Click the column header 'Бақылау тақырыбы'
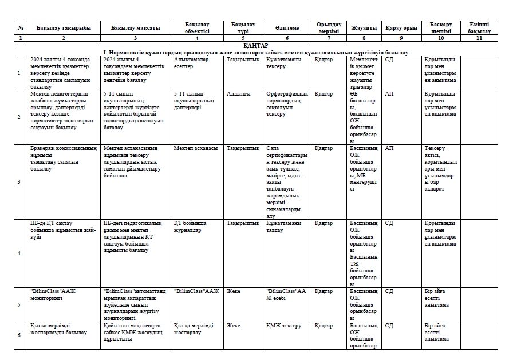pos(63,28)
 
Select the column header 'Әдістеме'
pos(287,28)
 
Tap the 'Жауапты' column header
pos(364,28)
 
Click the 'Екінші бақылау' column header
pos(479,28)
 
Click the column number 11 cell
pos(479,38)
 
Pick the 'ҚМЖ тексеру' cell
pos(283,326)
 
